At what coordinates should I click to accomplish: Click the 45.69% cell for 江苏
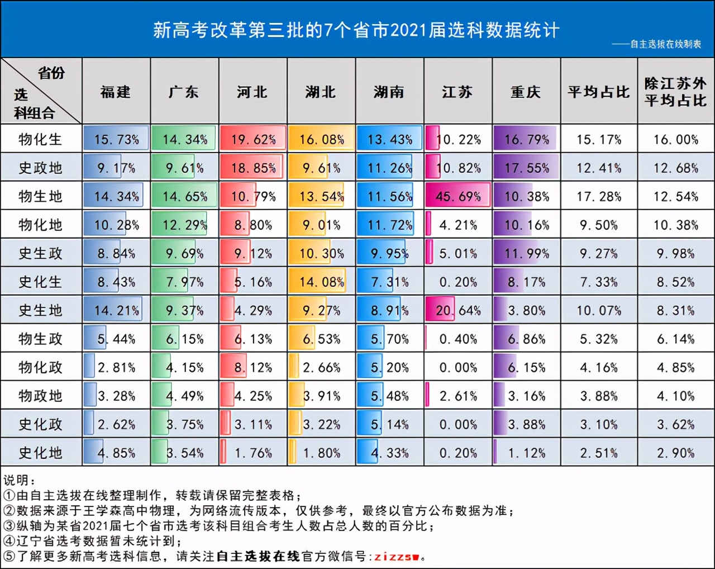[x=458, y=196]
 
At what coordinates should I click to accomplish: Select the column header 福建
[x=116, y=92]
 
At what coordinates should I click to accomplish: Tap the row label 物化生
[x=40, y=139]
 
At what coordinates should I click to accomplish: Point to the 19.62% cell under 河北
[x=253, y=139]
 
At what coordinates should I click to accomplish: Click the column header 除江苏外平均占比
[x=675, y=92]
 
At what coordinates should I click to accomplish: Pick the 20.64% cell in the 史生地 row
[x=458, y=310]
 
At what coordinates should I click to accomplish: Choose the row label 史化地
[x=40, y=453]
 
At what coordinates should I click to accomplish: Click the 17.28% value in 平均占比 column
[x=599, y=196]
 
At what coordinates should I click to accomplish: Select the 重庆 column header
[x=526, y=92]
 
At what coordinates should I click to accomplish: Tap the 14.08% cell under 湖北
[x=321, y=282]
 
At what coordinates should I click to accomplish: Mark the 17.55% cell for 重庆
[x=526, y=168]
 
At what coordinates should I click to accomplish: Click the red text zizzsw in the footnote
[x=398, y=557]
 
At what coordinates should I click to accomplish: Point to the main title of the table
[x=356, y=30]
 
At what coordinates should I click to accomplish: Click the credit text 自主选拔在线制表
[x=665, y=44]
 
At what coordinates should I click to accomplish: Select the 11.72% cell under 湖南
[x=389, y=225]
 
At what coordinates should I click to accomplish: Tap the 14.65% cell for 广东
[x=184, y=196]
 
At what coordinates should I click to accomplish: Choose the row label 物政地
[x=40, y=396]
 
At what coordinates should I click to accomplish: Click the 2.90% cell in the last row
[x=675, y=453]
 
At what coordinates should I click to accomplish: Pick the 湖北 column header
[x=321, y=92]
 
